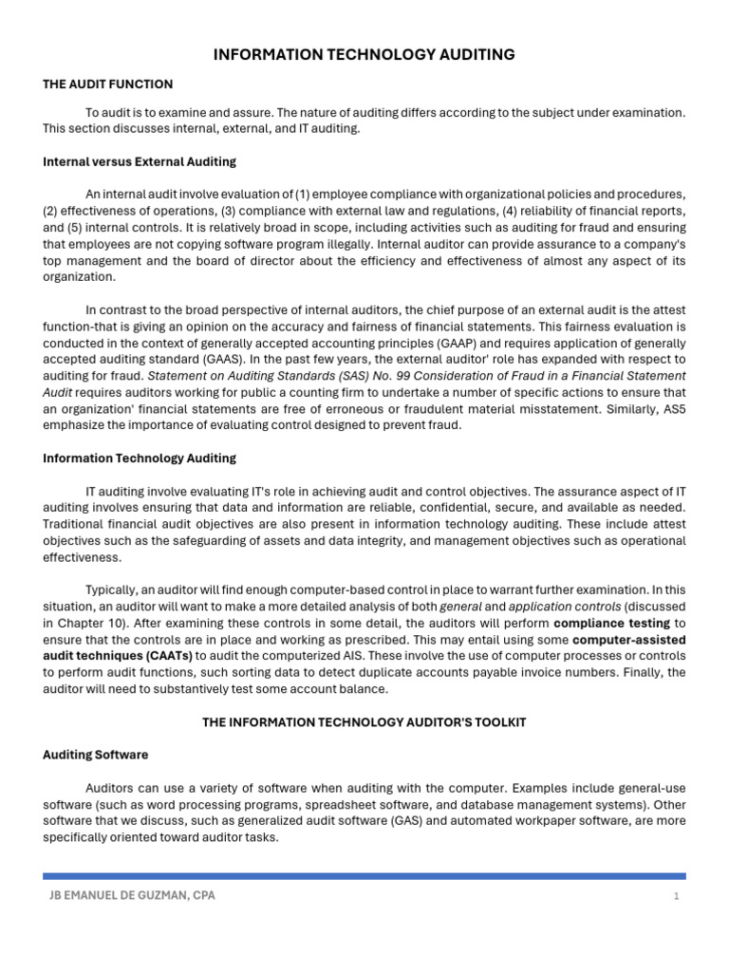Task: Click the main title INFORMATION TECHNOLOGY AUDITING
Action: (364, 55)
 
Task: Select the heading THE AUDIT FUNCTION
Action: (107, 84)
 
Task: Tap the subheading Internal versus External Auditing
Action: (140, 161)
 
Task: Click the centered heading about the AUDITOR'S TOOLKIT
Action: (364, 722)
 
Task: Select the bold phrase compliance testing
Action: (612, 623)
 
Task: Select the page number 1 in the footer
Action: (676, 896)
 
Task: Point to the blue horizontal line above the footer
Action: (364, 875)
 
